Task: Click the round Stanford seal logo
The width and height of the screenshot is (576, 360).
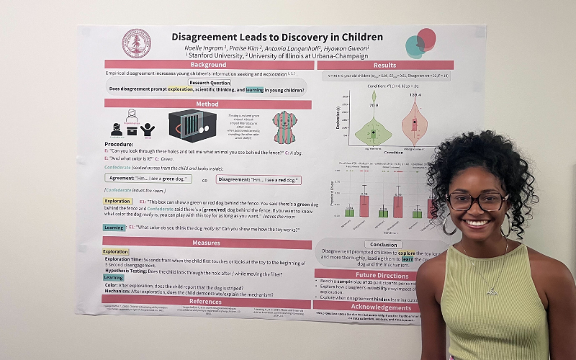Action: tap(136, 43)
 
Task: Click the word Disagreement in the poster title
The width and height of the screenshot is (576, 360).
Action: tap(209, 37)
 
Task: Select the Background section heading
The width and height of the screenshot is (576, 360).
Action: tap(209, 65)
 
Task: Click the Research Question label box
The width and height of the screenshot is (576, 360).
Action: tap(210, 82)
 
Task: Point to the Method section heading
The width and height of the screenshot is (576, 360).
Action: tap(208, 104)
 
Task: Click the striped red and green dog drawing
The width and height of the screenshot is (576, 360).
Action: tap(284, 126)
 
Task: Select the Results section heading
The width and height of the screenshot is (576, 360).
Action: tap(384, 66)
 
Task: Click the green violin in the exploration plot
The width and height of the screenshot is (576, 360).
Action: tap(373, 130)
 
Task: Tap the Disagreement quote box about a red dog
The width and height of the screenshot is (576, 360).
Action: tap(257, 180)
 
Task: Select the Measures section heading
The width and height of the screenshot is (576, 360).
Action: tap(206, 243)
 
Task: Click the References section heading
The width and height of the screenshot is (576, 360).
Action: tap(204, 302)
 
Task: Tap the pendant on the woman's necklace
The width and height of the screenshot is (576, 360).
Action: tap(491, 292)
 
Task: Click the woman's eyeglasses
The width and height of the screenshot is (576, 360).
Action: tap(477, 201)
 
